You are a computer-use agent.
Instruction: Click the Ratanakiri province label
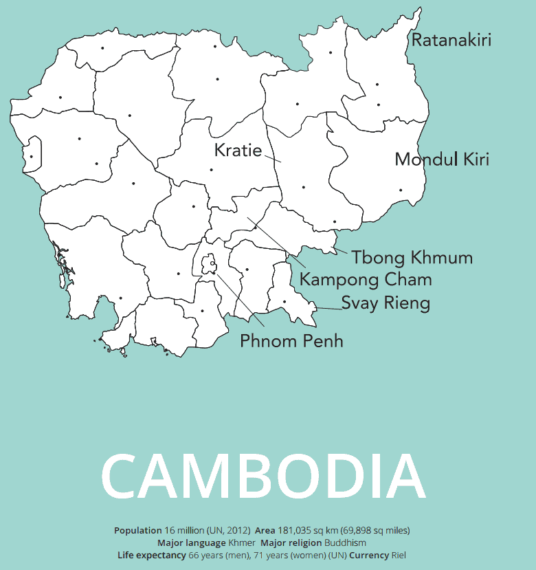(x=451, y=40)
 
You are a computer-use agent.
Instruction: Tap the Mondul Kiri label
(x=442, y=160)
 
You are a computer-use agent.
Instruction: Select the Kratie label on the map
(x=238, y=150)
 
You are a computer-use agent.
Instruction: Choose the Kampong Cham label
(x=366, y=280)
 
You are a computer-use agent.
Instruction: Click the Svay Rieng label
(x=386, y=303)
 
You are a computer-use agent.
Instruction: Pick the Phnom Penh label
(x=291, y=341)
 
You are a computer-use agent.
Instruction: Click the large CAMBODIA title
(x=264, y=477)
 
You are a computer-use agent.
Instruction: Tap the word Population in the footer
(x=137, y=531)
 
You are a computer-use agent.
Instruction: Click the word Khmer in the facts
(x=242, y=543)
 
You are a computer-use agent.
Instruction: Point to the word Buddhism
(x=346, y=543)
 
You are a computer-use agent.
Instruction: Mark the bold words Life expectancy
(x=151, y=556)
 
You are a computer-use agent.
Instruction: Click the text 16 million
(x=184, y=531)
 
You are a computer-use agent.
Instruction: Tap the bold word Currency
(x=368, y=556)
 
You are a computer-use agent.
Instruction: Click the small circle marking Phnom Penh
(x=213, y=263)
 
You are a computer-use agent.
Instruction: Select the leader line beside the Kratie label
(x=273, y=158)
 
